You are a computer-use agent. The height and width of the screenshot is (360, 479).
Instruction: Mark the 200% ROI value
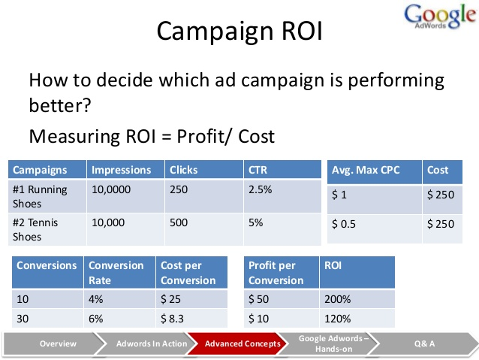click(x=337, y=298)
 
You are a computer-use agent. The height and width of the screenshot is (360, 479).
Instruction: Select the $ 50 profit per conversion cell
click(x=260, y=298)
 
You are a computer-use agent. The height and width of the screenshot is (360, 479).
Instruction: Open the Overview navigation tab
click(x=58, y=343)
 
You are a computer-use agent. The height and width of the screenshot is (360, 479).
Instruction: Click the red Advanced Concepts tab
click(x=243, y=343)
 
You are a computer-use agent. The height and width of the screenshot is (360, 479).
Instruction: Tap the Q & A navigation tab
click(x=423, y=343)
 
